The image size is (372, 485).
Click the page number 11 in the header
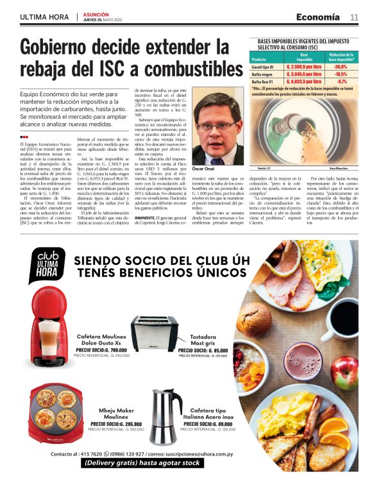tap(353, 17)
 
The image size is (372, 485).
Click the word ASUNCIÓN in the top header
tap(96, 13)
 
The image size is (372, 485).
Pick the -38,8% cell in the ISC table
tap(341, 66)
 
